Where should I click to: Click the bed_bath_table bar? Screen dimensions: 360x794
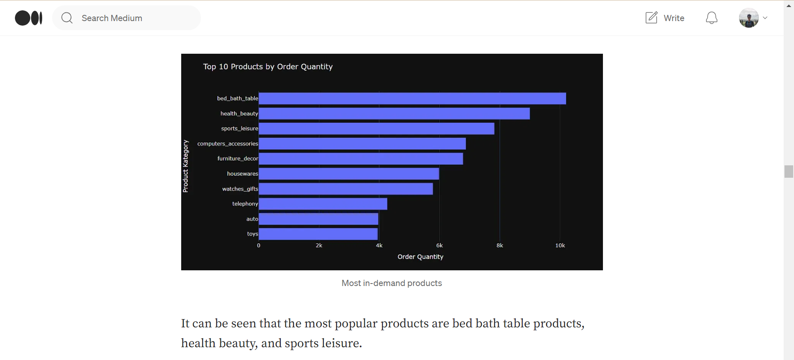412,98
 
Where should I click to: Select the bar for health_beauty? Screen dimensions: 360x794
394,114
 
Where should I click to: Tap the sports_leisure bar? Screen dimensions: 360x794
376,129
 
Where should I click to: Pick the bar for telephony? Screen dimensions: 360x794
323,204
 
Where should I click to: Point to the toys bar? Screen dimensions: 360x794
318,234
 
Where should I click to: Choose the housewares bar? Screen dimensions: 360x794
349,174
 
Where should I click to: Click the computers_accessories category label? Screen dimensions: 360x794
227,144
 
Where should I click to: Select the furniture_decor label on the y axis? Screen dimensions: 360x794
237,159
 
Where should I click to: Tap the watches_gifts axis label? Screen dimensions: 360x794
240,189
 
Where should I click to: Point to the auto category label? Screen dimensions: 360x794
252,219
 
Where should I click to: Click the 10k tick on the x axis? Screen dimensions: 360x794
560,246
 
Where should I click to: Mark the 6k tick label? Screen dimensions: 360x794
439,246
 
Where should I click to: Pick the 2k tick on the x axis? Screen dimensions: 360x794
319,246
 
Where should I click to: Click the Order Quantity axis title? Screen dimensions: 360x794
420,257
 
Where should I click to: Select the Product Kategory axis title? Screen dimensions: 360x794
186,166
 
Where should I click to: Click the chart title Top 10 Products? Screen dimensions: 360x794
268,67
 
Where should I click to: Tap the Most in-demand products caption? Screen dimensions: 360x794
392,283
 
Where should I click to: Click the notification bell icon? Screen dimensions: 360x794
711,18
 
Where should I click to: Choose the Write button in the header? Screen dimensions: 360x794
665,18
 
